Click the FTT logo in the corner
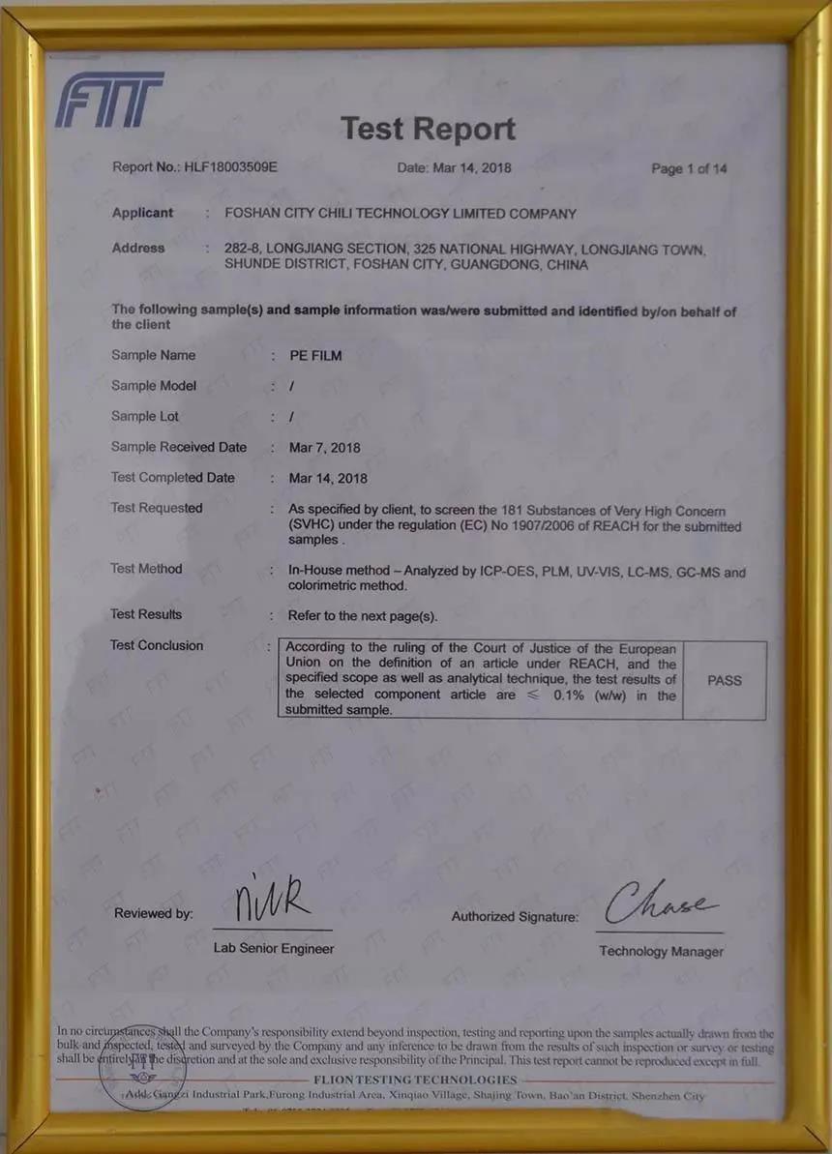click(109, 100)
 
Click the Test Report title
click(428, 129)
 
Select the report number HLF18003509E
click(230, 166)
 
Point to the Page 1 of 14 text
click(689, 168)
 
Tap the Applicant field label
click(142, 213)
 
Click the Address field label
click(138, 248)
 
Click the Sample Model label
click(154, 385)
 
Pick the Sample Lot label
click(145, 416)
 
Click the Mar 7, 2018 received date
click(325, 447)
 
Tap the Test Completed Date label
click(173, 477)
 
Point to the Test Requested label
click(157, 508)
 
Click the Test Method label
click(146, 569)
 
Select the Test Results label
click(146, 614)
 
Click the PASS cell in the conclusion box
click(725, 680)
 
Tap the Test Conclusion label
click(157, 645)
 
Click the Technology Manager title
click(661, 951)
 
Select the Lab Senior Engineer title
click(274, 948)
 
